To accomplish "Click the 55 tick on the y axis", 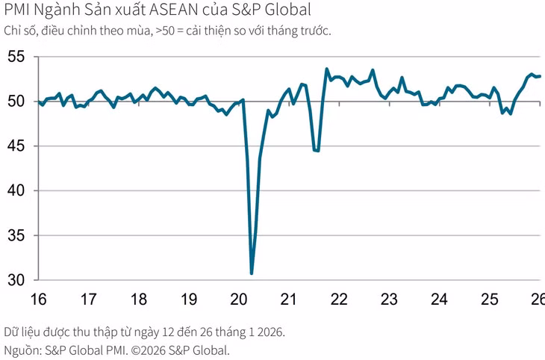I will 16,57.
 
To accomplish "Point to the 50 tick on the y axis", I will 16,102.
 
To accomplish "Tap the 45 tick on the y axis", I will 16,146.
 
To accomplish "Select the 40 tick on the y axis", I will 16,191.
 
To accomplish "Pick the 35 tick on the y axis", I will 16,236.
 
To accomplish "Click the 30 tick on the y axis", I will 16,280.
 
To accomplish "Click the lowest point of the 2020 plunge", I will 252,273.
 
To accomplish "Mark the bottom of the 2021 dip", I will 317,151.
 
